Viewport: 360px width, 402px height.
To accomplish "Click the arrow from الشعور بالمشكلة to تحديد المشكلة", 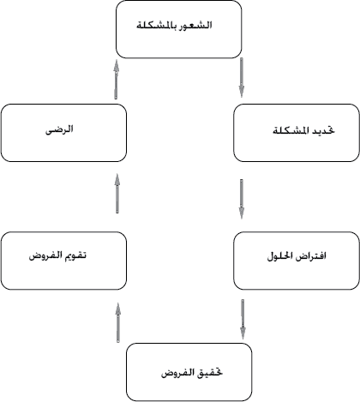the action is [x=242, y=77].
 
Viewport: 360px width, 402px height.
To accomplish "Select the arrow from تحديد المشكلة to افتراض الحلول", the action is [x=242, y=199].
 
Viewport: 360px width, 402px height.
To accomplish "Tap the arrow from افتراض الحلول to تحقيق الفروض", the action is [x=243, y=319].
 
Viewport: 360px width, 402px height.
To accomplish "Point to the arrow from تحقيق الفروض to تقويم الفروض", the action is [x=117, y=322].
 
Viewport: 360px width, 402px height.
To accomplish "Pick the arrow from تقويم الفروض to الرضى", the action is [x=117, y=194].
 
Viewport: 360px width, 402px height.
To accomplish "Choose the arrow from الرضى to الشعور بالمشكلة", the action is [x=116, y=80].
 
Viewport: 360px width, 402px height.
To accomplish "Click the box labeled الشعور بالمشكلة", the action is [x=179, y=29].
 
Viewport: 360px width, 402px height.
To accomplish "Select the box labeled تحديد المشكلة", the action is [x=297, y=133].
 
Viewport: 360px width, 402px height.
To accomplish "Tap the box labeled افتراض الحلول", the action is [x=297, y=261].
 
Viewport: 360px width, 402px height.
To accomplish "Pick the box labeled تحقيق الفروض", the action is [x=189, y=372].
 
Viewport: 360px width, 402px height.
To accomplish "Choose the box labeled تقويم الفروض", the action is [x=63, y=261].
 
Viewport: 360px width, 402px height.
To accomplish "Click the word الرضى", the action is [x=59, y=129].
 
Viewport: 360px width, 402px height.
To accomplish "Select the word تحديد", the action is [x=323, y=130].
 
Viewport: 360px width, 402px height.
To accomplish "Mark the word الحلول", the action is [x=280, y=255].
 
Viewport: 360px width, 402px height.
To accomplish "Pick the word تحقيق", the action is [x=210, y=373].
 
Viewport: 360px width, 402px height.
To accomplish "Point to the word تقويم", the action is [x=76, y=255].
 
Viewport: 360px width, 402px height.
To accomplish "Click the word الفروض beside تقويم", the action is [x=46, y=255].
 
